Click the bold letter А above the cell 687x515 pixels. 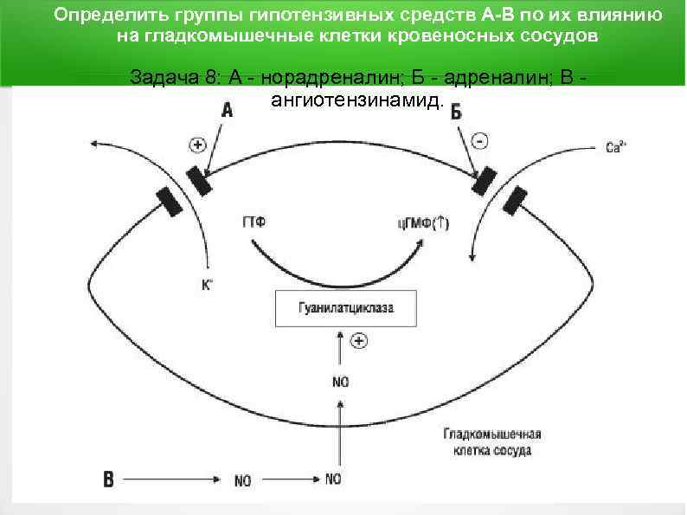click(x=228, y=110)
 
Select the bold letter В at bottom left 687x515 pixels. click(x=108, y=479)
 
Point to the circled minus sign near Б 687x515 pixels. click(x=481, y=139)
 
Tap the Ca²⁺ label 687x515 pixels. click(x=615, y=148)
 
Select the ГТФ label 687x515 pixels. click(x=253, y=222)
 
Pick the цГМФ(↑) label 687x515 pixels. click(x=423, y=223)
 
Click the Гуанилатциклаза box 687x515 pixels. click(x=345, y=308)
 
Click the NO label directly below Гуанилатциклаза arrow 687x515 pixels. click(x=341, y=381)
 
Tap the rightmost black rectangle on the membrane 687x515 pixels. click(x=514, y=200)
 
